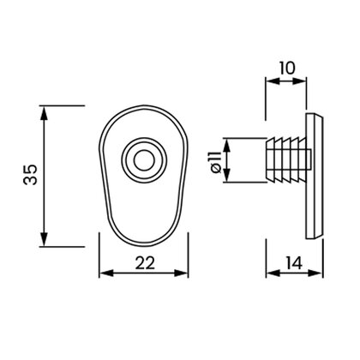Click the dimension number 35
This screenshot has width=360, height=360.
tap(30, 174)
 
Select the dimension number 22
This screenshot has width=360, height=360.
tap(145, 263)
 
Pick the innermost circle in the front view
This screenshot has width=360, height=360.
tap(144, 161)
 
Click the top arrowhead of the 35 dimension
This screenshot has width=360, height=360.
tap(44, 112)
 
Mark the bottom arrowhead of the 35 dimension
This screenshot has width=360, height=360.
tap(44, 239)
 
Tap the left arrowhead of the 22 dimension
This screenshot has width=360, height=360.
tap(106, 273)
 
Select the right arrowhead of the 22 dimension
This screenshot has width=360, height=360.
tap(181, 273)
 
